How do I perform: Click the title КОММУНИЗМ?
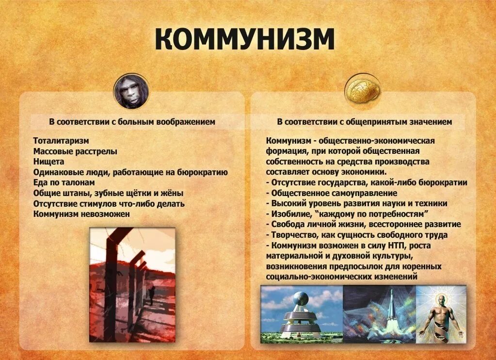[x=245, y=39]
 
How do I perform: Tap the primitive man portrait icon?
[x=131, y=92]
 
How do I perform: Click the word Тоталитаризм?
[x=61, y=141]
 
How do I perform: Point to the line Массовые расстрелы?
[x=75, y=151]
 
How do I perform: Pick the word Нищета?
[x=49, y=161]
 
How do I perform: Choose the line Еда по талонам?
[x=64, y=182]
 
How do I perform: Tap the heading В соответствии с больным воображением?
[x=131, y=122]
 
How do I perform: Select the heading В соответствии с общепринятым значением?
[x=364, y=122]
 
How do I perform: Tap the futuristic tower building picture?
[x=302, y=314]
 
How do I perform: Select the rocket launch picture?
[x=380, y=314]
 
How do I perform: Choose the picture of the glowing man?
[x=441, y=314]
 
